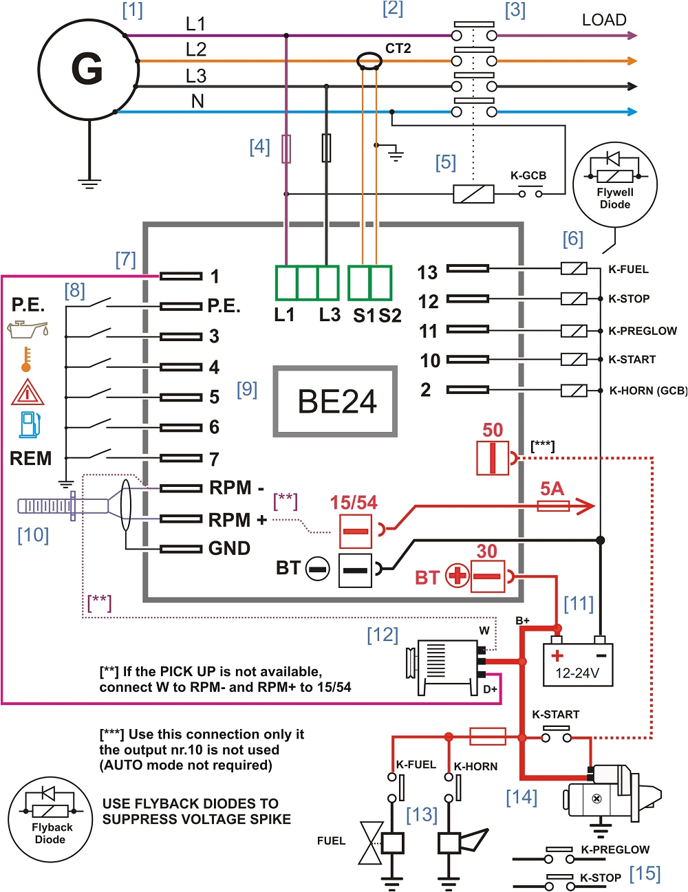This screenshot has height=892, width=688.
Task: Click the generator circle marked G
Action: (x=87, y=69)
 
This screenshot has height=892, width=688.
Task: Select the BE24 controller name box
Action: (x=336, y=402)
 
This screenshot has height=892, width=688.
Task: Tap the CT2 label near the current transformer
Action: (x=398, y=48)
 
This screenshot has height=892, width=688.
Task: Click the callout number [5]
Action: (x=446, y=162)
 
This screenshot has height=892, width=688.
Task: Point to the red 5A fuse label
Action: (x=552, y=489)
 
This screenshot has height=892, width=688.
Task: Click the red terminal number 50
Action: (x=493, y=430)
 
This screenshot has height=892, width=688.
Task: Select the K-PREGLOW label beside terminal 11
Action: (x=643, y=331)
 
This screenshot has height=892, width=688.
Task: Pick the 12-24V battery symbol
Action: (x=578, y=664)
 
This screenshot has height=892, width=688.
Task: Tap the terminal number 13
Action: (x=427, y=272)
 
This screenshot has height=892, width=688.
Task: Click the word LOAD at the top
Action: (x=604, y=20)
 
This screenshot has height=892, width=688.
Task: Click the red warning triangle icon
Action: (x=28, y=392)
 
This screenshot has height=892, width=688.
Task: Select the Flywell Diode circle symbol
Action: (x=615, y=184)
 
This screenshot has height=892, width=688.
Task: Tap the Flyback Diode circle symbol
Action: (x=50, y=820)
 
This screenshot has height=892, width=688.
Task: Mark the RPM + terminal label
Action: (x=237, y=520)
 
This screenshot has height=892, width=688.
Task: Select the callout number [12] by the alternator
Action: (x=383, y=635)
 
